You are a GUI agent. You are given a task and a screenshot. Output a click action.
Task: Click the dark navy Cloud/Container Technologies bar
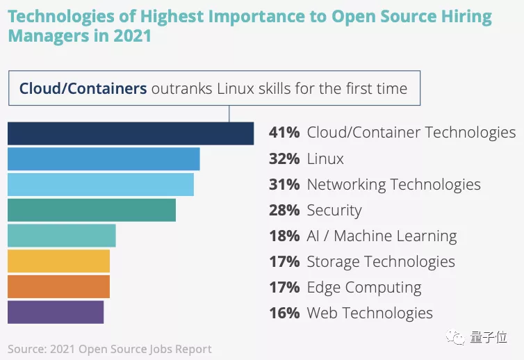(131, 133)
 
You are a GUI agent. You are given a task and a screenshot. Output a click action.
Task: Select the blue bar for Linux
(104, 159)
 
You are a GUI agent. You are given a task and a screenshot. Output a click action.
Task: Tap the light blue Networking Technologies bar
(101, 184)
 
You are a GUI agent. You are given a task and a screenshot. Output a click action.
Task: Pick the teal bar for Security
(92, 210)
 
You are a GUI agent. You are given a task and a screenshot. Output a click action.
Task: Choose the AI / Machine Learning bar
(61, 236)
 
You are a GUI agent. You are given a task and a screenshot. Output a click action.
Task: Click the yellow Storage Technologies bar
(58, 261)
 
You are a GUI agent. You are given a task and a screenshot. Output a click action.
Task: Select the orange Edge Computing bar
(58, 286)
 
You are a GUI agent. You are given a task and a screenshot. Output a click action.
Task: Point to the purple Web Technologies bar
(56, 312)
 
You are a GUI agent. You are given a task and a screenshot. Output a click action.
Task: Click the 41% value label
(284, 133)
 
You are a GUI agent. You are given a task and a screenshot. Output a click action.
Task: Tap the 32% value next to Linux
(284, 158)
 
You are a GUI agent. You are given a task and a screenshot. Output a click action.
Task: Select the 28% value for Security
(284, 210)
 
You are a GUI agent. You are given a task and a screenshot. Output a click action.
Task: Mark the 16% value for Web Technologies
(284, 313)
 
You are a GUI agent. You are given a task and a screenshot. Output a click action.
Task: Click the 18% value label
(284, 236)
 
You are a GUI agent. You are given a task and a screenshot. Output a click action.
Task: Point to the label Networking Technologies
(393, 184)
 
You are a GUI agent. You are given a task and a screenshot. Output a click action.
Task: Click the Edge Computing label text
(364, 287)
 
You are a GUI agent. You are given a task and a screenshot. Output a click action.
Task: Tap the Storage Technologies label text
(381, 261)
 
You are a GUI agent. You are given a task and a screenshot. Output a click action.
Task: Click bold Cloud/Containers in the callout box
(83, 88)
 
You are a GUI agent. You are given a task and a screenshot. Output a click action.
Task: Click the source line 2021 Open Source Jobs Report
(110, 349)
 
